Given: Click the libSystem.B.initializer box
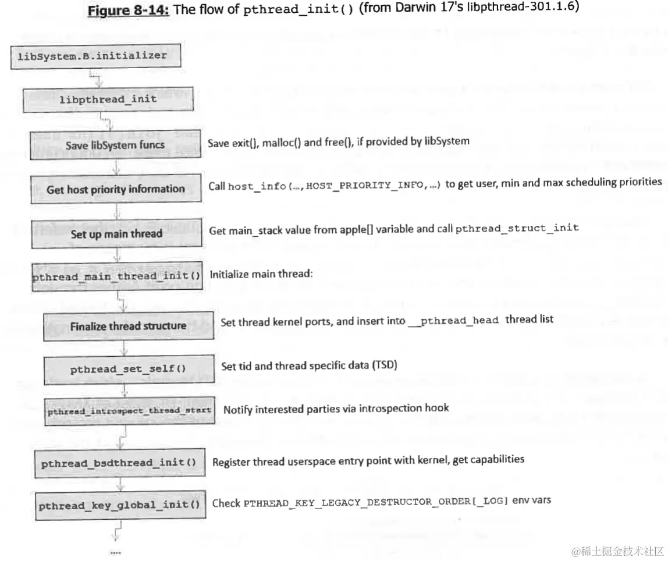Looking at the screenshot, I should coord(96,56).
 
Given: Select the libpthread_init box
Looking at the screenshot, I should coord(108,100).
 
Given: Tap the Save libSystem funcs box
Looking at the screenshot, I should coord(115,145).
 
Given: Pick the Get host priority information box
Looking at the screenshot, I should coord(115,189).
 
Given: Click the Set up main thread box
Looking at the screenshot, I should coord(116,234).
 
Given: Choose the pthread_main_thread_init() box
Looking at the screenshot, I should coord(116,276).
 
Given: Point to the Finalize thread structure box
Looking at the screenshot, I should coord(128,326).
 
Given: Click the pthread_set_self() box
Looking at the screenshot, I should coord(128,368).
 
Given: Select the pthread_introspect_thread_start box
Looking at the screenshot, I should coord(129,410).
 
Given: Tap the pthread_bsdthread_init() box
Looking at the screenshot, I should coord(119,463).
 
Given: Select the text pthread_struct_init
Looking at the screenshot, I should coord(517,228).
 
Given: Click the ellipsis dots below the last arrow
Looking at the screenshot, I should coord(115,552).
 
